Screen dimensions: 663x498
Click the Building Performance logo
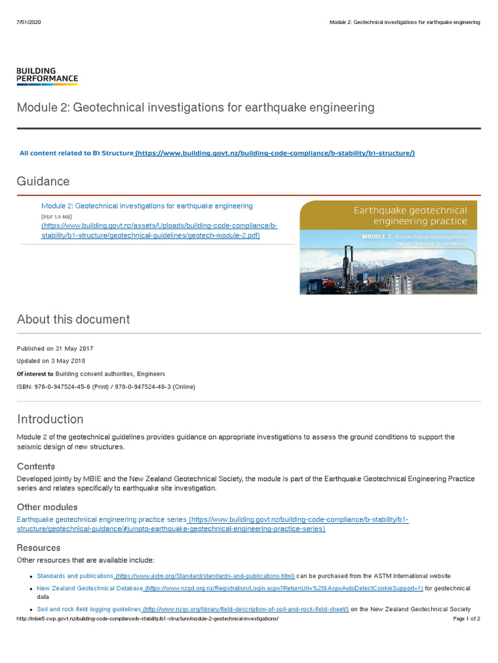pos(47,76)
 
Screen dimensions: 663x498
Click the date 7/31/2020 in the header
pos(28,22)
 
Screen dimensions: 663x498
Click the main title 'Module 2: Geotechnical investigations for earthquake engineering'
pos(195,107)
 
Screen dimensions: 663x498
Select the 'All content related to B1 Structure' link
pos(77,153)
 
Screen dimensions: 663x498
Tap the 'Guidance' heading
pos(43,181)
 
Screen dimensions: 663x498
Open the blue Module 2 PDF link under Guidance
pos(147,206)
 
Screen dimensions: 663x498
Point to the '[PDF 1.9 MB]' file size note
pos(56,216)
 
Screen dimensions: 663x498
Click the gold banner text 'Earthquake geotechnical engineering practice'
pos(409,216)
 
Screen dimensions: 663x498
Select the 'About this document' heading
pos(73,319)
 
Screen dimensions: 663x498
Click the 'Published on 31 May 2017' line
pos(54,348)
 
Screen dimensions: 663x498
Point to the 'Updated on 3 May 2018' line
pos(51,361)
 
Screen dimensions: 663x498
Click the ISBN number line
pos(105,387)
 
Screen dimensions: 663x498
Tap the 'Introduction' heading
pos(50,419)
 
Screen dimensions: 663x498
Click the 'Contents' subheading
pos(36,466)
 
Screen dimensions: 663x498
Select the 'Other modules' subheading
pos(47,507)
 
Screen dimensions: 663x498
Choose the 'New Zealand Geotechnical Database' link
pos(89,588)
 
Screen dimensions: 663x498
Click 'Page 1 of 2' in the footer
pos(466,619)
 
